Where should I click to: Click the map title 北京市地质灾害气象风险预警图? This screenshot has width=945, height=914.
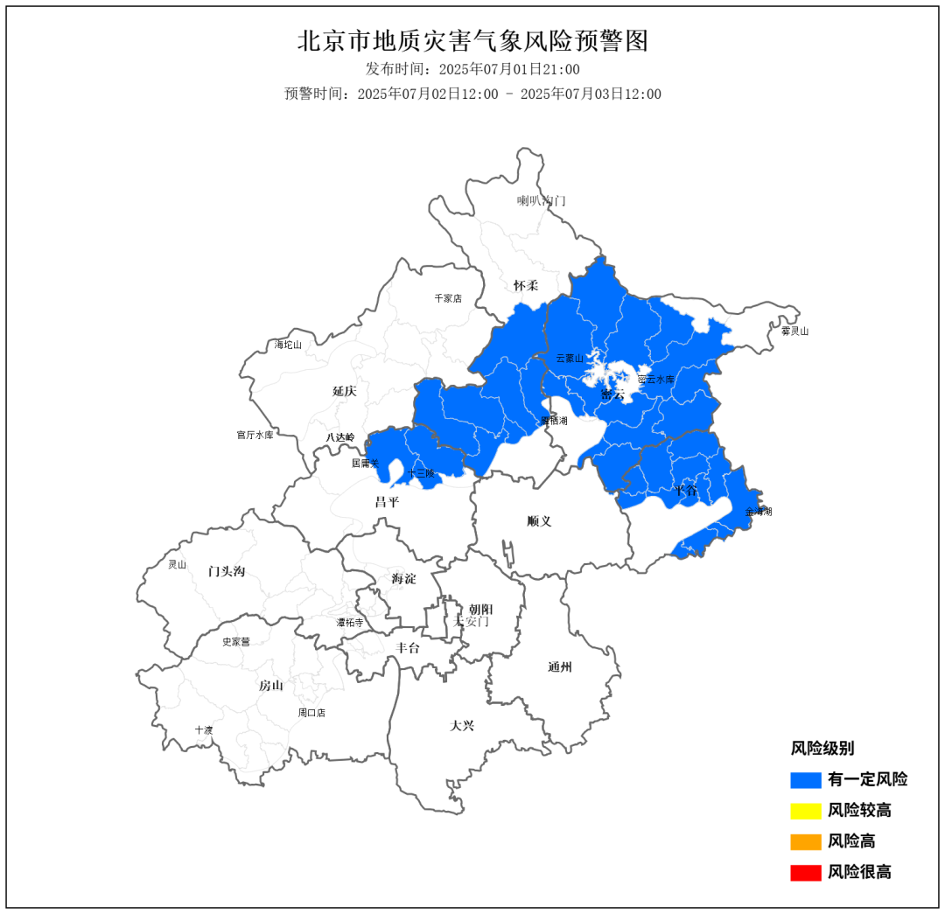(472, 40)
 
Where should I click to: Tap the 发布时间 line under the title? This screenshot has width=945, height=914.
(472, 69)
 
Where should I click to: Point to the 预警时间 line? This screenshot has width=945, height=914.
(472, 94)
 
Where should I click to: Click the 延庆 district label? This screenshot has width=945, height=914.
(344, 391)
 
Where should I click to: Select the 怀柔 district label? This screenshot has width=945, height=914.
(526, 285)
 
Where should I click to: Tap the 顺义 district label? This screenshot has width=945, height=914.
(540, 521)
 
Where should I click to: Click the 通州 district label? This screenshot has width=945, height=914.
(560, 667)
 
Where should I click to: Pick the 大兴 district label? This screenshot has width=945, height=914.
(462, 725)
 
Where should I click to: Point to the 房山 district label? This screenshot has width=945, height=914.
(271, 686)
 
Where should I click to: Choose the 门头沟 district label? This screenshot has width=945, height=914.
(227, 571)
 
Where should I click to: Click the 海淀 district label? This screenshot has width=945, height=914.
(404, 578)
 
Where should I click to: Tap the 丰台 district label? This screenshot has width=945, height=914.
(408, 648)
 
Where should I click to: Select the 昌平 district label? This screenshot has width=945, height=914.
(387, 502)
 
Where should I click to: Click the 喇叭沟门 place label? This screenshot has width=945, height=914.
(541, 200)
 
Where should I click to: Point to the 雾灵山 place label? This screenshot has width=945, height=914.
(794, 331)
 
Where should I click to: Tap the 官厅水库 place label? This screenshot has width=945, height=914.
(255, 435)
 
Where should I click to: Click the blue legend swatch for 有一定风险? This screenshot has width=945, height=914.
(805, 779)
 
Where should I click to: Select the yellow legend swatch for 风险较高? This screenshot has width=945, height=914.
(805, 811)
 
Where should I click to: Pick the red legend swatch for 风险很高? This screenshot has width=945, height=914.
(805, 872)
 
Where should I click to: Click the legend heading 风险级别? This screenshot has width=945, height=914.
(822, 748)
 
